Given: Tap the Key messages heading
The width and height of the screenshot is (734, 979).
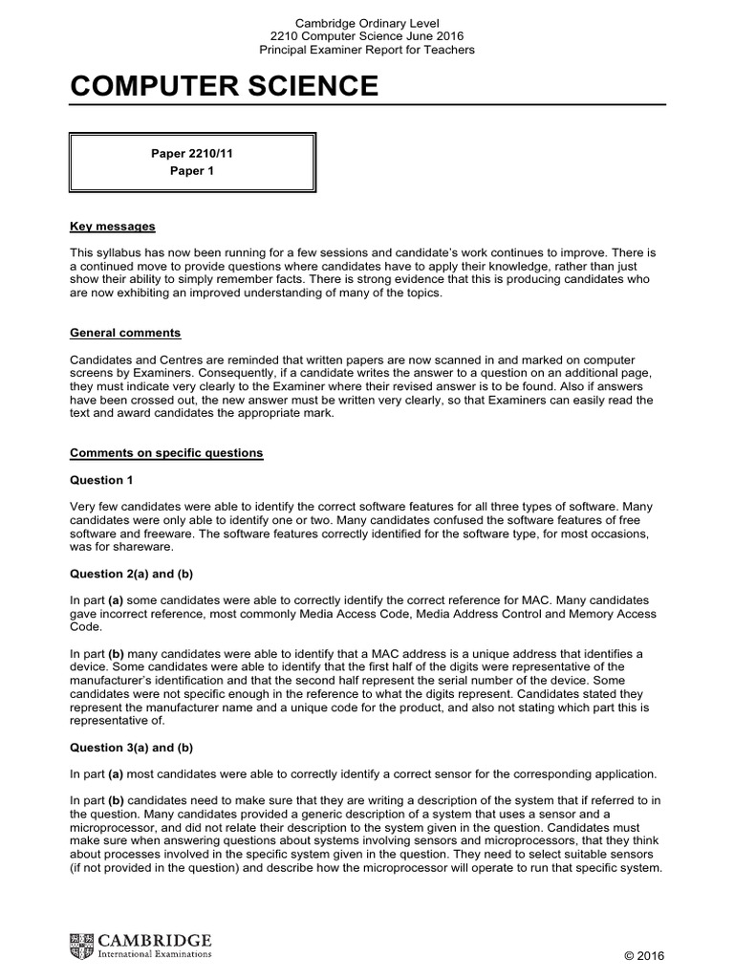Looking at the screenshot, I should [113, 227].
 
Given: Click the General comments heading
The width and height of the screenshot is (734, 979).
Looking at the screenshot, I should [125, 333].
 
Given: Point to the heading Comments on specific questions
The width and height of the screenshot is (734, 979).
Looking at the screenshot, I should [166, 452].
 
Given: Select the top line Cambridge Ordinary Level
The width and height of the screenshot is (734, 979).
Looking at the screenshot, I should [367, 23].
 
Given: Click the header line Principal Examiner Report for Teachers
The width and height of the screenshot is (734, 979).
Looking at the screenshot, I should [367, 50].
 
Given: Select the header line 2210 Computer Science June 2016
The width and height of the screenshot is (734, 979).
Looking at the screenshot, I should [367, 36].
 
